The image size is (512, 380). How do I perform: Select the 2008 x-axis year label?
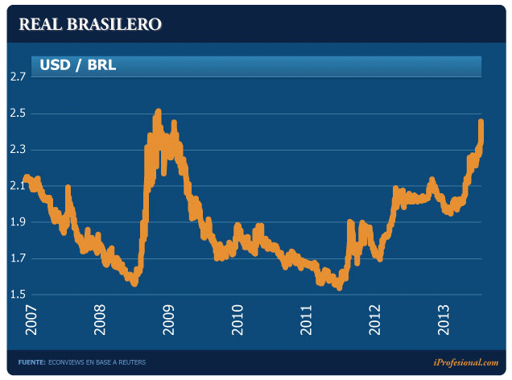pyautogui.click(x=101, y=321)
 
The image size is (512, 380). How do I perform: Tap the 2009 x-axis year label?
pyautogui.click(x=169, y=321)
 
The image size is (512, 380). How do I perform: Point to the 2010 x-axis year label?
pyautogui.click(x=237, y=321)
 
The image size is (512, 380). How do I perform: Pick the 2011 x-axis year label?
pyautogui.click(x=307, y=321)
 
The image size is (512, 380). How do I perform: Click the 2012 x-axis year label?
pyautogui.click(x=375, y=321)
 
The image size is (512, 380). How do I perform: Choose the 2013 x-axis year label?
pyautogui.click(x=444, y=321)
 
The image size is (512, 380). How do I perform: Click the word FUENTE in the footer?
pyautogui.click(x=31, y=363)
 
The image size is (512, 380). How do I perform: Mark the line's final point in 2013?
pyautogui.click(x=481, y=123)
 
